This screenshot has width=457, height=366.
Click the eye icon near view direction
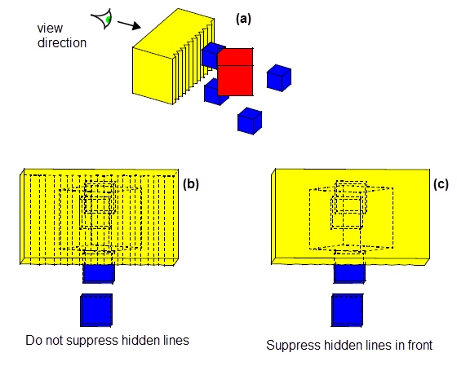point(103,19)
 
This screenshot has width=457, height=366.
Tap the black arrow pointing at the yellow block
point(130,24)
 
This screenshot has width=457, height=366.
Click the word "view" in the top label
point(50,29)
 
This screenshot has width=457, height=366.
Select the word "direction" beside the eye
point(62,43)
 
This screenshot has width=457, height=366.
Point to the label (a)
point(243,19)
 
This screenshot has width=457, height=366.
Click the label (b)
point(191,184)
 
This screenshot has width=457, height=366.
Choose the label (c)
point(441,184)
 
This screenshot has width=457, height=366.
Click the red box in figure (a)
point(235,72)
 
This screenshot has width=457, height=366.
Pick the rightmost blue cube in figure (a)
point(279,78)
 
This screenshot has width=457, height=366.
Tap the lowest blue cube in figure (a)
point(250,121)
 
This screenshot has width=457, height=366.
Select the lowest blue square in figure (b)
point(96,310)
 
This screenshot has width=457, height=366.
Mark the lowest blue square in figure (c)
point(348,310)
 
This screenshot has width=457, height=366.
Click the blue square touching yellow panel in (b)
point(99,273)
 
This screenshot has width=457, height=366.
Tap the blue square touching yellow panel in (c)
point(349,273)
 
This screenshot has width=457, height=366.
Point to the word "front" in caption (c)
point(420,345)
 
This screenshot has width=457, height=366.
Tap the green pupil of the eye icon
point(108,20)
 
